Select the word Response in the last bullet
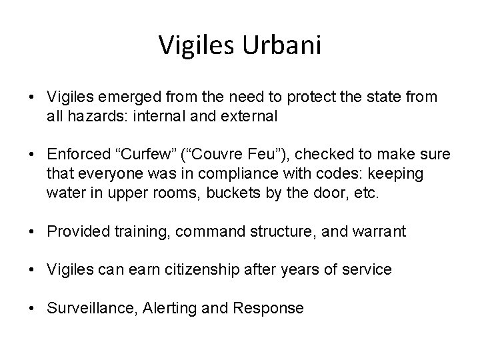[x=275, y=308]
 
